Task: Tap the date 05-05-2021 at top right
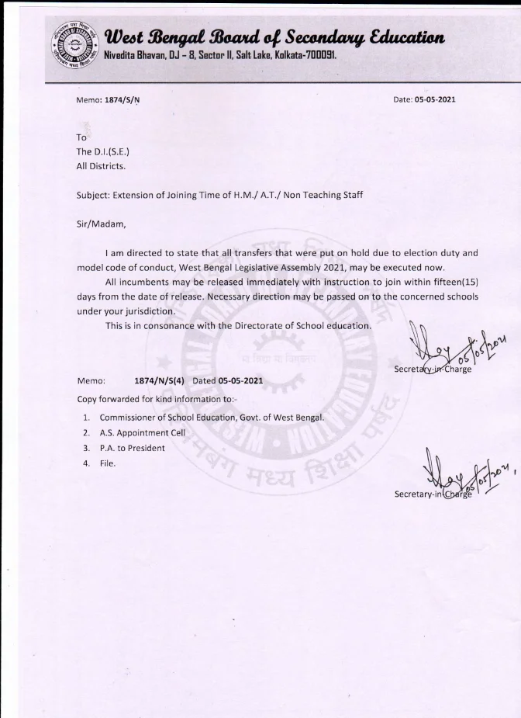point(435,101)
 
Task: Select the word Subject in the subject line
point(94,196)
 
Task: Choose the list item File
point(107,463)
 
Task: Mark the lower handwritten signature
point(448,469)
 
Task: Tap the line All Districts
point(101,165)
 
